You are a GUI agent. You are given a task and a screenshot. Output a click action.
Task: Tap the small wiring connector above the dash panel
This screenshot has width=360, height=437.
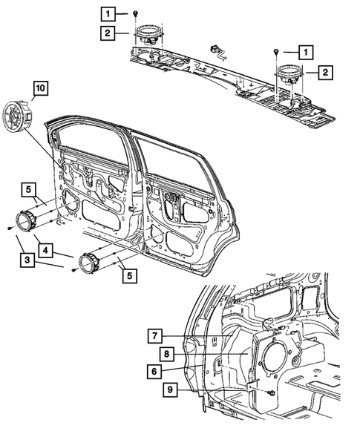[217, 49]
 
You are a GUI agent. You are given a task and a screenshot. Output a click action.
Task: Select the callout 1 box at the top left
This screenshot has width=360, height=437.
[109, 13]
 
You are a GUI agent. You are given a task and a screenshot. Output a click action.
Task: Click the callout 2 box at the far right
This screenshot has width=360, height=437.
[324, 72]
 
